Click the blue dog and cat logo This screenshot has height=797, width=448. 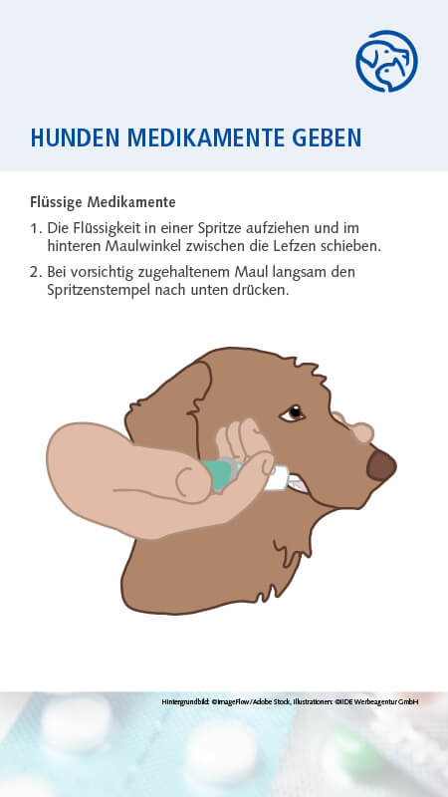click(x=386, y=61)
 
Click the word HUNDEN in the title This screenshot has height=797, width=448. click(x=76, y=137)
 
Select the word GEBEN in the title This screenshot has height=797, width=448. click(x=323, y=137)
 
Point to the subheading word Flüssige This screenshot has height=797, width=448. click(x=56, y=202)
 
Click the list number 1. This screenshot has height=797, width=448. click(x=35, y=228)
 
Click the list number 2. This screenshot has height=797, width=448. click(x=35, y=272)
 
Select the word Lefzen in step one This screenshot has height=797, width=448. click(x=318, y=246)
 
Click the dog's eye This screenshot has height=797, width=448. click(x=292, y=413)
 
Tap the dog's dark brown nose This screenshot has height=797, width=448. click(x=381, y=465)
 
